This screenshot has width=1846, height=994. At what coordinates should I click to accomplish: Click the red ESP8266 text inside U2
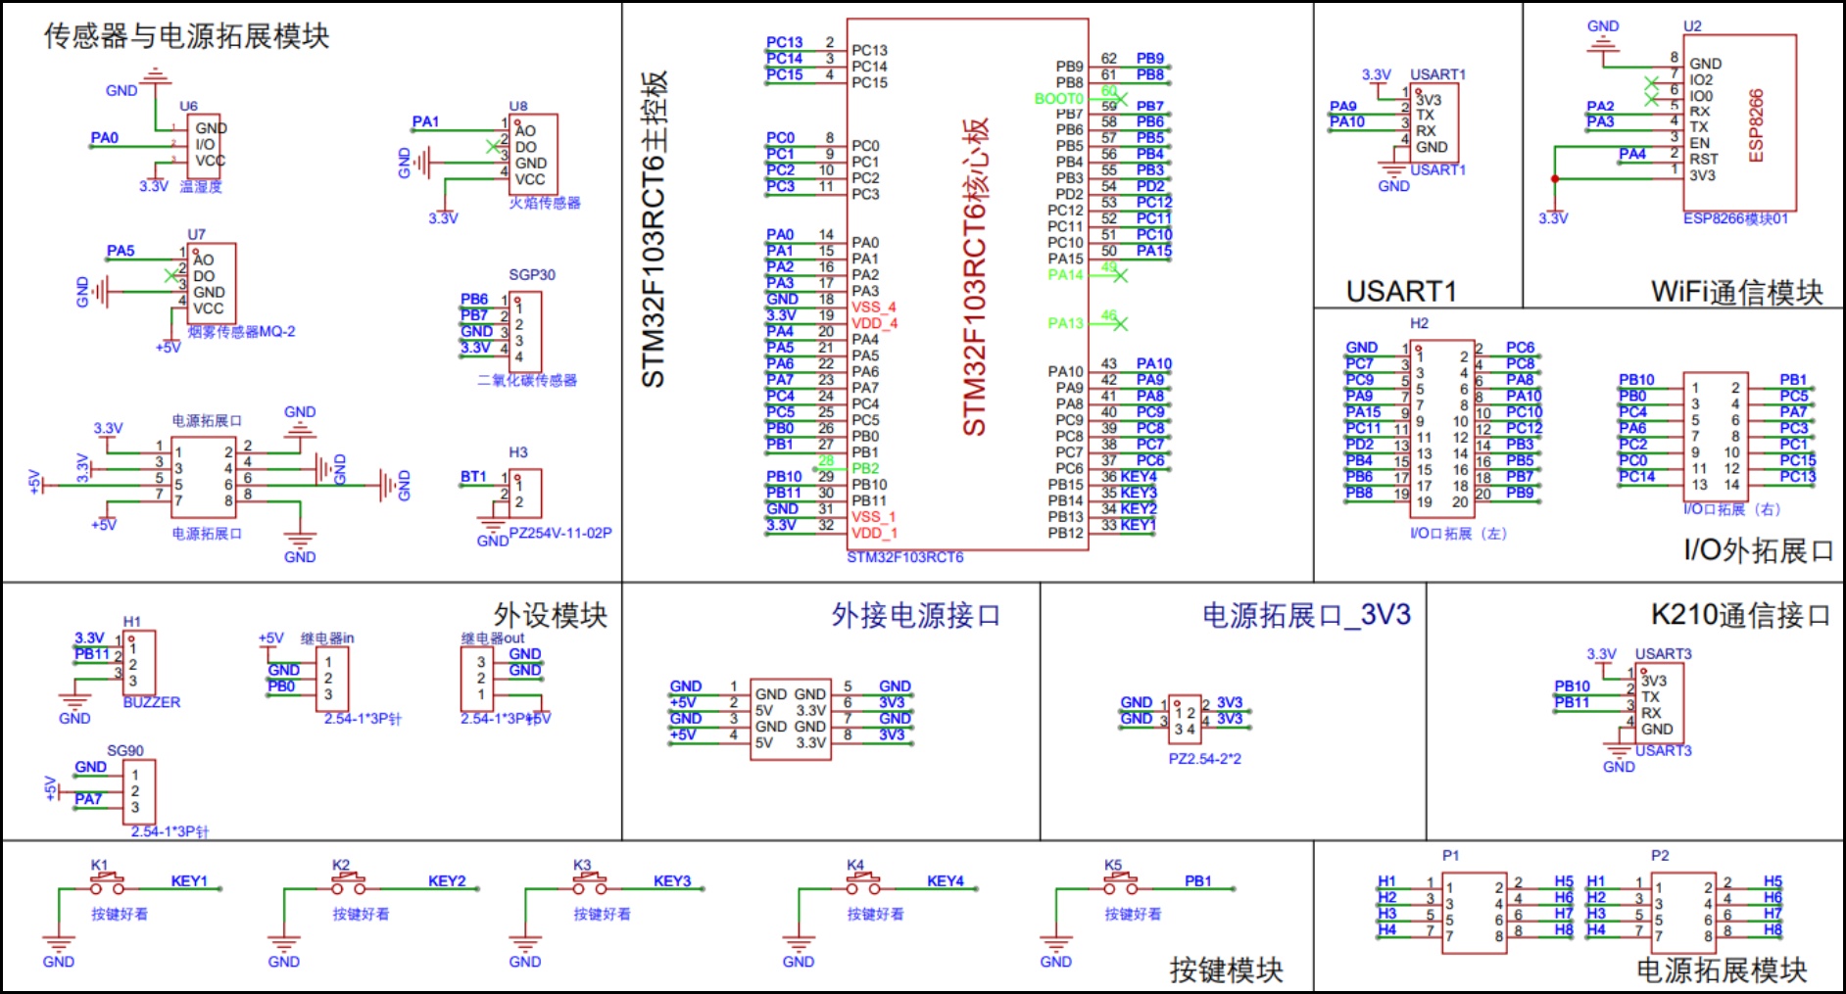click(x=1756, y=126)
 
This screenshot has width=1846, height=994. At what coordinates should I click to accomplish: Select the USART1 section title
click(x=1401, y=291)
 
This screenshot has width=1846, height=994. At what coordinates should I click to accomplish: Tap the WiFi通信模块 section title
click(x=1736, y=292)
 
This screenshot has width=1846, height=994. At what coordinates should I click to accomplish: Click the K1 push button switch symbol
click(x=108, y=885)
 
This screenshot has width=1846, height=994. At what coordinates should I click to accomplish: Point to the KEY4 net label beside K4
click(x=946, y=881)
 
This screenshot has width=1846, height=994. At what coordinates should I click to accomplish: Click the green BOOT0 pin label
click(x=1058, y=99)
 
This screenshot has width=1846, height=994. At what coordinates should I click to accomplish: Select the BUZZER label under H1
click(x=152, y=702)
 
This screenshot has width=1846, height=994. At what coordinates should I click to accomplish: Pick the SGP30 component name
click(x=532, y=275)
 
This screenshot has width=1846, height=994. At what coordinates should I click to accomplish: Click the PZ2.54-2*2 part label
click(x=1204, y=759)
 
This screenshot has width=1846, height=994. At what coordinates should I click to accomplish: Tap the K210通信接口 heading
click(x=1740, y=615)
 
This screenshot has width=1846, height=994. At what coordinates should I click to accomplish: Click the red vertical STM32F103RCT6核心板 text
click(x=974, y=278)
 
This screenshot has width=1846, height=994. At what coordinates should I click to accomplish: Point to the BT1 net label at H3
click(x=473, y=477)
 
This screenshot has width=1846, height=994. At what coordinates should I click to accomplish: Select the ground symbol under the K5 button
click(x=1055, y=947)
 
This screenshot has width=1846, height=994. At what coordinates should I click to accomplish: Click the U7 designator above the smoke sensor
click(x=197, y=235)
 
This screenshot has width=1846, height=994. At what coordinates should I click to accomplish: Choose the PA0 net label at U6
click(x=105, y=138)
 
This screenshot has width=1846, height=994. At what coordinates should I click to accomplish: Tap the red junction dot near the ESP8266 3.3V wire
click(x=1554, y=179)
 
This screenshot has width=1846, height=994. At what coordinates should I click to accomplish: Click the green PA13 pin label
click(x=1066, y=323)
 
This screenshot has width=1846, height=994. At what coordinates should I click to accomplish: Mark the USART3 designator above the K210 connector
click(x=1663, y=654)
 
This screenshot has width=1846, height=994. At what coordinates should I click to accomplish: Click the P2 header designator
click(x=1659, y=856)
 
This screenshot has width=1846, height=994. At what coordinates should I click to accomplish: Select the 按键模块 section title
click(x=1226, y=970)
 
